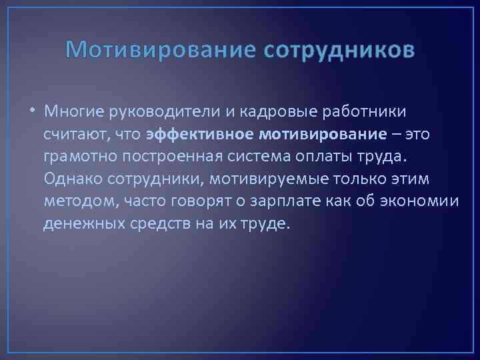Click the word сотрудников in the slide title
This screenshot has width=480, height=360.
339,50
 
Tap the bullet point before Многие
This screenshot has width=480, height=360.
33,111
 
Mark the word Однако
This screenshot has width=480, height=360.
71,179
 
